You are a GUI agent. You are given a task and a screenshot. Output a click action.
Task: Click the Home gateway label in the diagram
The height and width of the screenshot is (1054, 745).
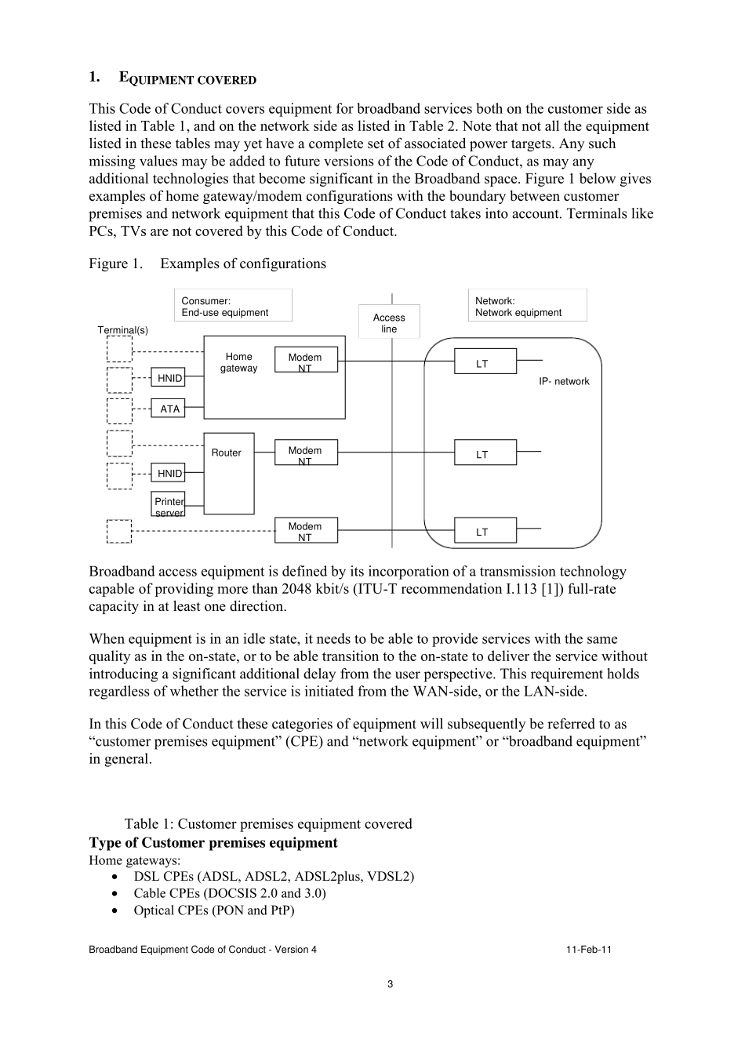click(x=238, y=362)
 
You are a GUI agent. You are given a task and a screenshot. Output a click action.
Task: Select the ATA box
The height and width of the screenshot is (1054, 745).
click(x=169, y=409)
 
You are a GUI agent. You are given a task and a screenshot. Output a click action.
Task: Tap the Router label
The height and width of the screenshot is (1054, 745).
click(x=226, y=452)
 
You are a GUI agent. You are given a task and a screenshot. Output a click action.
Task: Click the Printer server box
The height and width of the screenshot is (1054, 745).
click(x=169, y=505)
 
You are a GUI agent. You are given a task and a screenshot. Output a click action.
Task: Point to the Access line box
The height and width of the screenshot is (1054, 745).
click(x=389, y=322)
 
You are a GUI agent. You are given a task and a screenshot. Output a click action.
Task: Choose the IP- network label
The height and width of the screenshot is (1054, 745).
click(x=564, y=381)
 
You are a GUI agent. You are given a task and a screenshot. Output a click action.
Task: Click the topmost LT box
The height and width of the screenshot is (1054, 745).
click(x=485, y=362)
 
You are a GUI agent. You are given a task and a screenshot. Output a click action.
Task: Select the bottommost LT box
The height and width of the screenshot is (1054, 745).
click(x=485, y=531)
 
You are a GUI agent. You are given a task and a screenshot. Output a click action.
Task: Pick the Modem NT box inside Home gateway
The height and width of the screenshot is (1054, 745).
click(x=305, y=359)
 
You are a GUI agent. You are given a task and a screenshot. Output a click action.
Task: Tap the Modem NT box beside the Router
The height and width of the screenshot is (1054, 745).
click(x=305, y=452)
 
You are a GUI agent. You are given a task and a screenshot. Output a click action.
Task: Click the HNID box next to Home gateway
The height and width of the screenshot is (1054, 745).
click(x=169, y=378)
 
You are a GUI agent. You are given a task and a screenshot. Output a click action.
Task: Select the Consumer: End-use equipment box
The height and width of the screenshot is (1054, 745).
click(x=232, y=306)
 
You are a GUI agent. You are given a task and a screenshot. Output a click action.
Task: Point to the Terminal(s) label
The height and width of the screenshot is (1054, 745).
click(x=122, y=330)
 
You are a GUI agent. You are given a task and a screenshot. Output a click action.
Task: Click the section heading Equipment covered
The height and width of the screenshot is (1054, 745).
click(x=187, y=78)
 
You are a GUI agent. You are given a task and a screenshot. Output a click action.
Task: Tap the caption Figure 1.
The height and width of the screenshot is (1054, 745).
click(x=115, y=263)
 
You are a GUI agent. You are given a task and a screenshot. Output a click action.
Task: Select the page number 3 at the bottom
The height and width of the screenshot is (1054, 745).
click(x=391, y=984)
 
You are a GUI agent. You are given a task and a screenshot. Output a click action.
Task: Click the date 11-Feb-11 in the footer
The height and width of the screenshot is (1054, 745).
click(x=588, y=950)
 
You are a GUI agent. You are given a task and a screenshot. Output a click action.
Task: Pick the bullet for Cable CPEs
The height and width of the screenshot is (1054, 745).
click(x=116, y=893)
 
